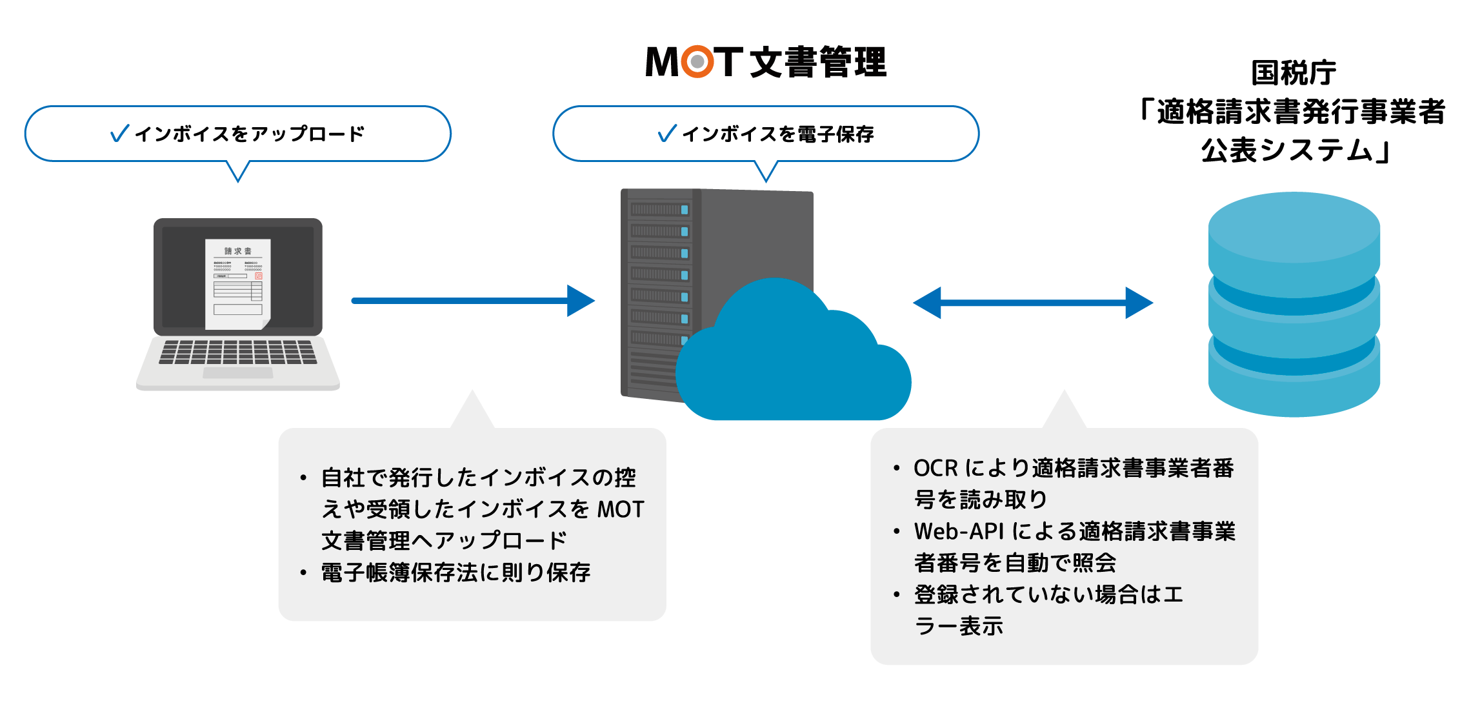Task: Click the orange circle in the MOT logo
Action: point(697,62)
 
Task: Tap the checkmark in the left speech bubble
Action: point(120,134)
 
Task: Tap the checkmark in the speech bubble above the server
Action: point(667,134)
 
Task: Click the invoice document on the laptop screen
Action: point(237,284)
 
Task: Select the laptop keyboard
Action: point(237,352)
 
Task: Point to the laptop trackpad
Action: point(237,373)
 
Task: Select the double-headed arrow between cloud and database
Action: point(1032,303)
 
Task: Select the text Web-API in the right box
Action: point(959,531)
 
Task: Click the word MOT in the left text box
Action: point(620,509)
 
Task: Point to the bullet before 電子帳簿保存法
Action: point(303,573)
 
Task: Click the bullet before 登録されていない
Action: point(896,594)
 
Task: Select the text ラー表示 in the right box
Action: point(959,626)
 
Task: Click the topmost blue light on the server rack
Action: point(685,210)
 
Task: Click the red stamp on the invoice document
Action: point(259,276)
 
